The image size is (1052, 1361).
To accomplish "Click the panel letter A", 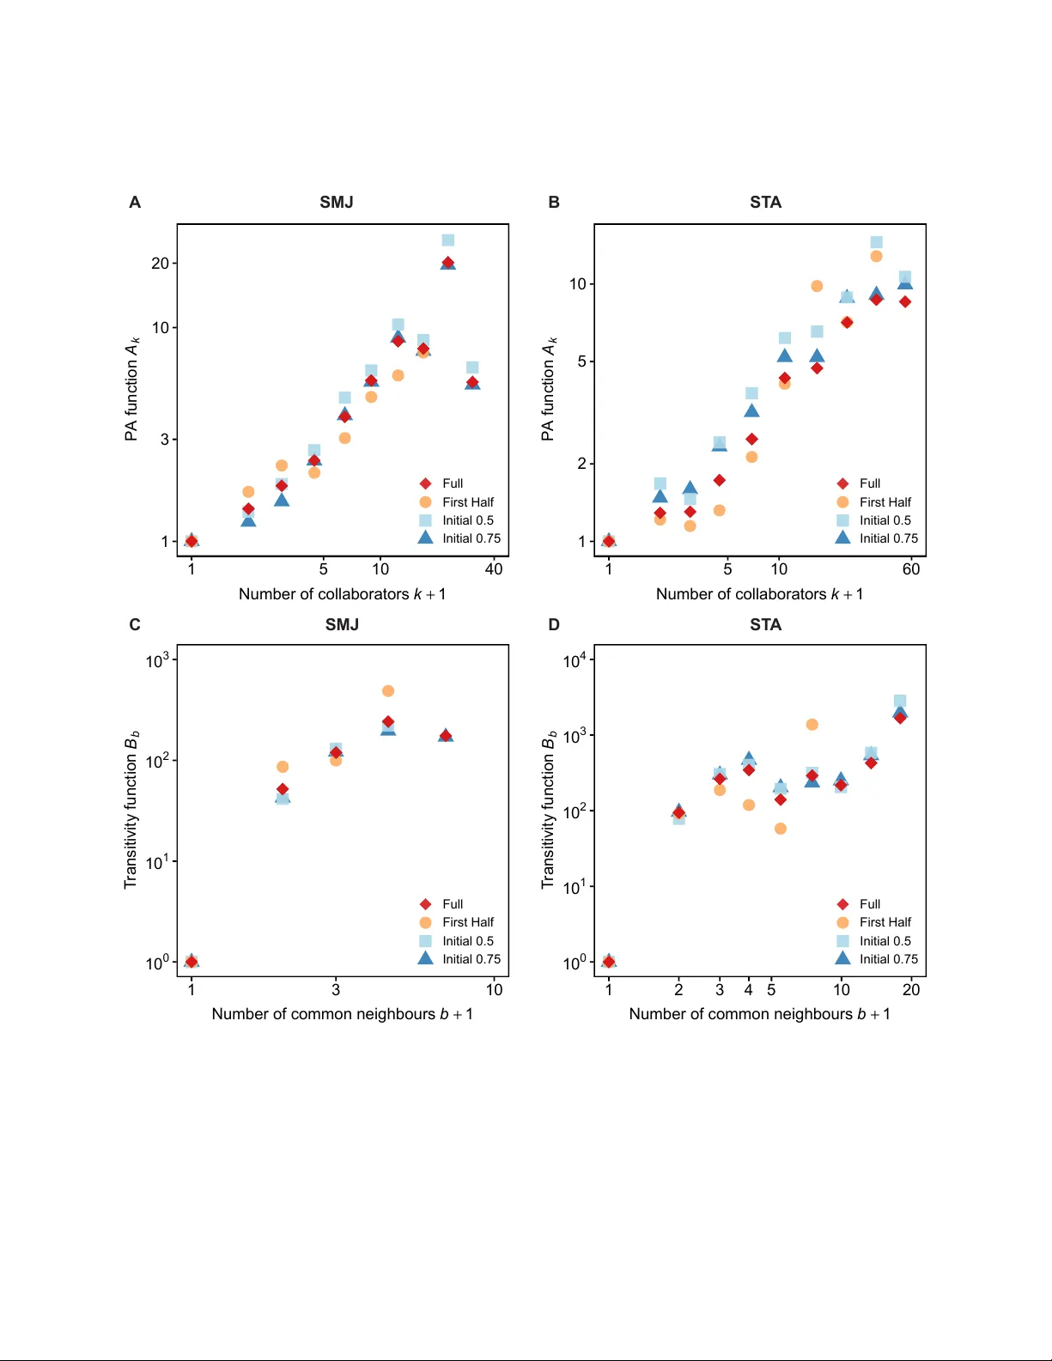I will point(135,202).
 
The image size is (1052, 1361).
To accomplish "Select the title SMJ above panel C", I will point(342,624).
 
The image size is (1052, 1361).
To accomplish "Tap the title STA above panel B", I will point(765,202).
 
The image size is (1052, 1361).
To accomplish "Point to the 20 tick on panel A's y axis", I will point(160,264).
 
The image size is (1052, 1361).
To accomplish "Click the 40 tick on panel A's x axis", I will point(494,568).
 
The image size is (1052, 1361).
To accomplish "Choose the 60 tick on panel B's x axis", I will point(911,568).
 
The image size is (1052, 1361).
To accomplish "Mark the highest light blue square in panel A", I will point(448,240).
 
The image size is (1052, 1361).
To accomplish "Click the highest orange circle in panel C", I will point(388,691).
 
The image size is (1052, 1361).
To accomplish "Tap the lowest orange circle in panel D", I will point(781,829).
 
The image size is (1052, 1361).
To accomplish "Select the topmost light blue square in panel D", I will point(900,702).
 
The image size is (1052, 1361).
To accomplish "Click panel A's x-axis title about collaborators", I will point(342,594).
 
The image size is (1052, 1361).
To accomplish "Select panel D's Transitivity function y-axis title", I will point(548,810).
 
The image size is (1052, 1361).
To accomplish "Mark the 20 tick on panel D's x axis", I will point(911,989).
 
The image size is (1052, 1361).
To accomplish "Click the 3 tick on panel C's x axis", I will point(336,989).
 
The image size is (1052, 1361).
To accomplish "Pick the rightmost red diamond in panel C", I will point(446,735).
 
